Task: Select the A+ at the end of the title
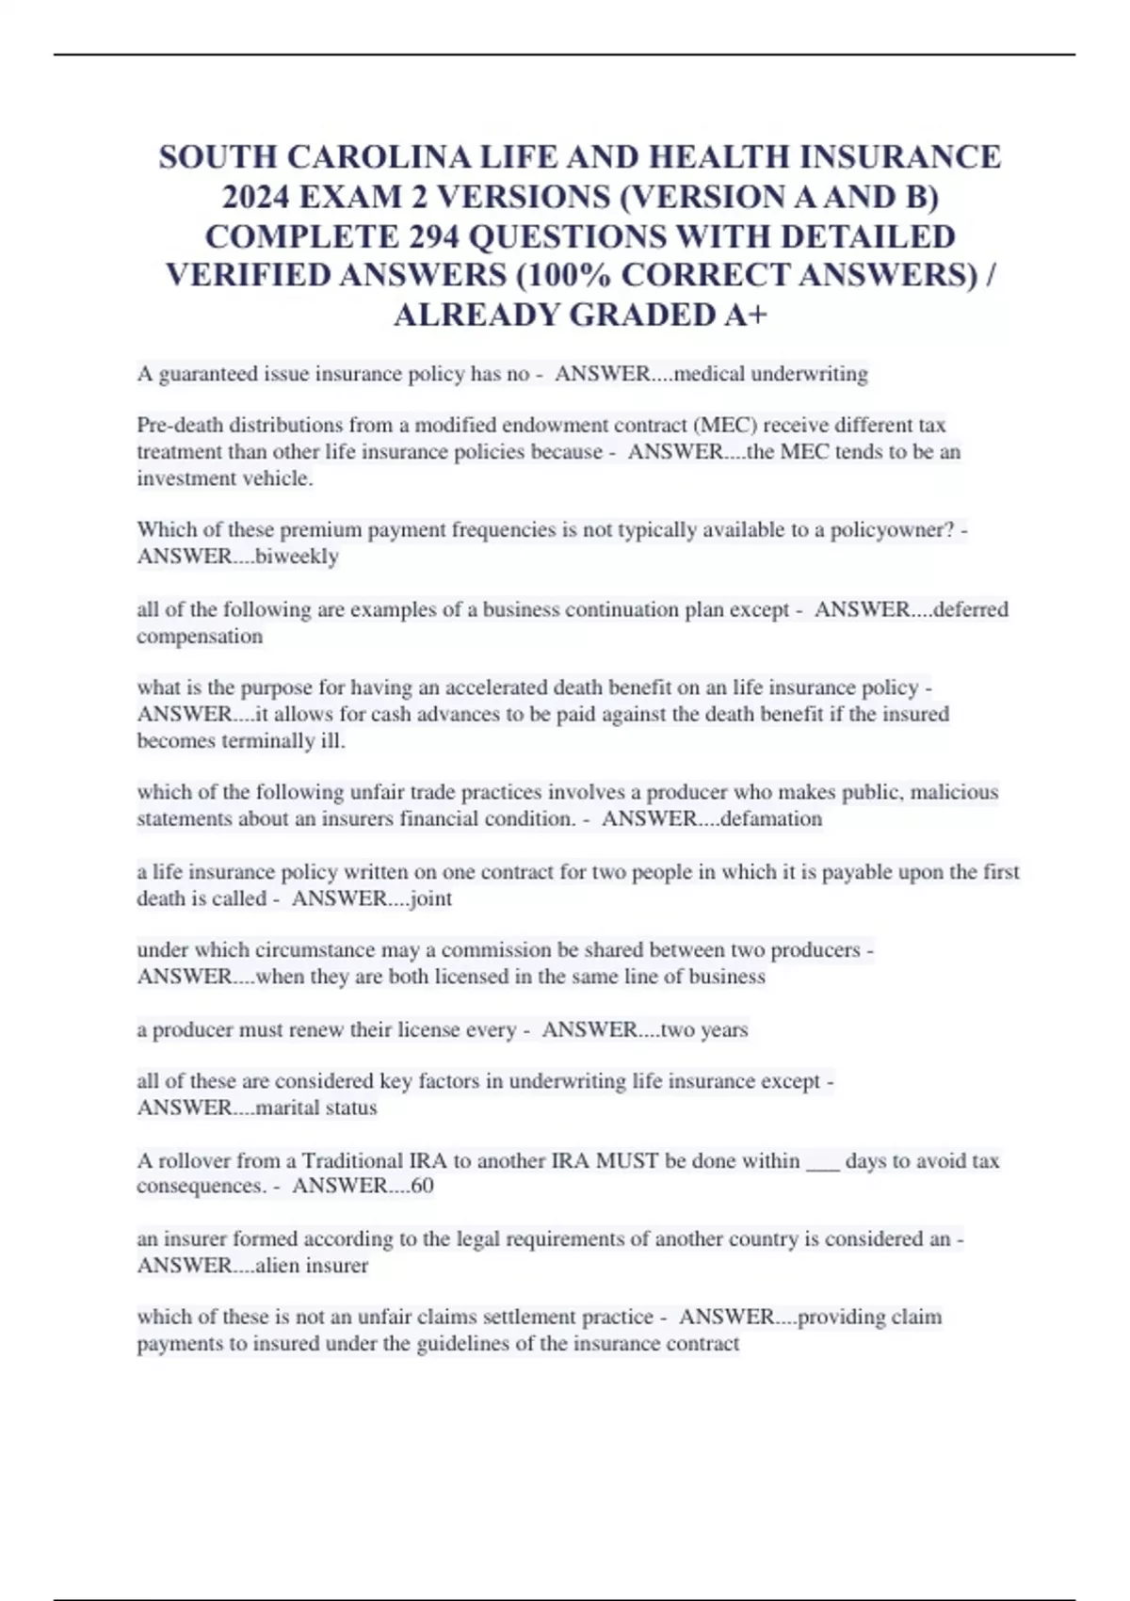[x=746, y=315]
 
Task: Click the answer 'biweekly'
[x=297, y=557]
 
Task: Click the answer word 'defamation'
[x=771, y=818]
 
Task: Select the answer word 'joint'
[x=430, y=898]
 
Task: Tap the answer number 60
[x=422, y=1186]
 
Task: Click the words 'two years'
[x=704, y=1029]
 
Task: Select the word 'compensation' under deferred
[x=200, y=637]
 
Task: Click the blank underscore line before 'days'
[x=823, y=1161]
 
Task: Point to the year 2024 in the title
[x=256, y=196]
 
